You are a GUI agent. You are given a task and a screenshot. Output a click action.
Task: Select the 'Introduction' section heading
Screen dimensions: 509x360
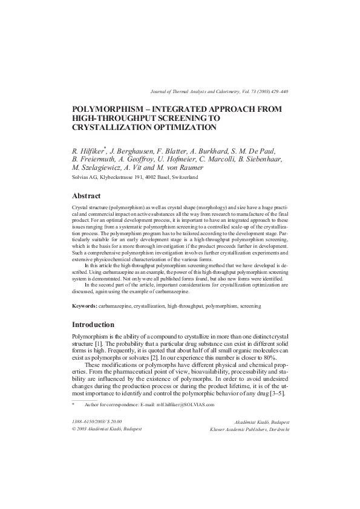pos(98,324)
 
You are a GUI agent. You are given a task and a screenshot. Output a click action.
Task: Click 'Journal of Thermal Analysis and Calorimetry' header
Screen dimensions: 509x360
pos(192,91)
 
